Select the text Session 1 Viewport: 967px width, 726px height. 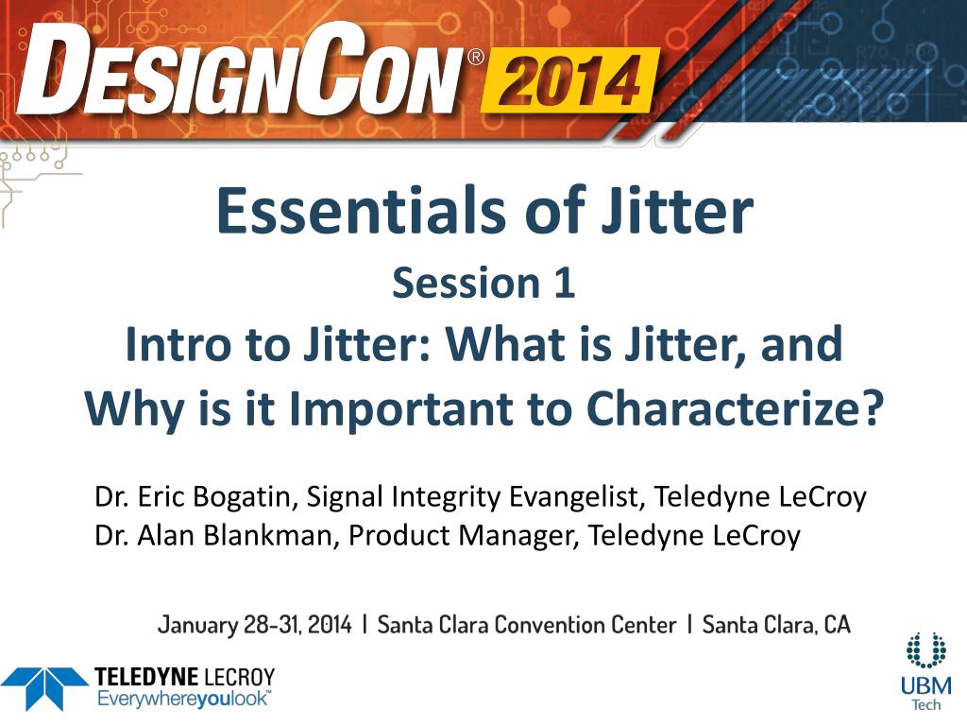(483, 284)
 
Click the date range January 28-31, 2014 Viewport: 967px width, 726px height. (255, 625)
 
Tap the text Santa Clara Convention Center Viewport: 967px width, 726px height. (527, 625)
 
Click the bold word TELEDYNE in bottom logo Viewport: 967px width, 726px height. (145, 677)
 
